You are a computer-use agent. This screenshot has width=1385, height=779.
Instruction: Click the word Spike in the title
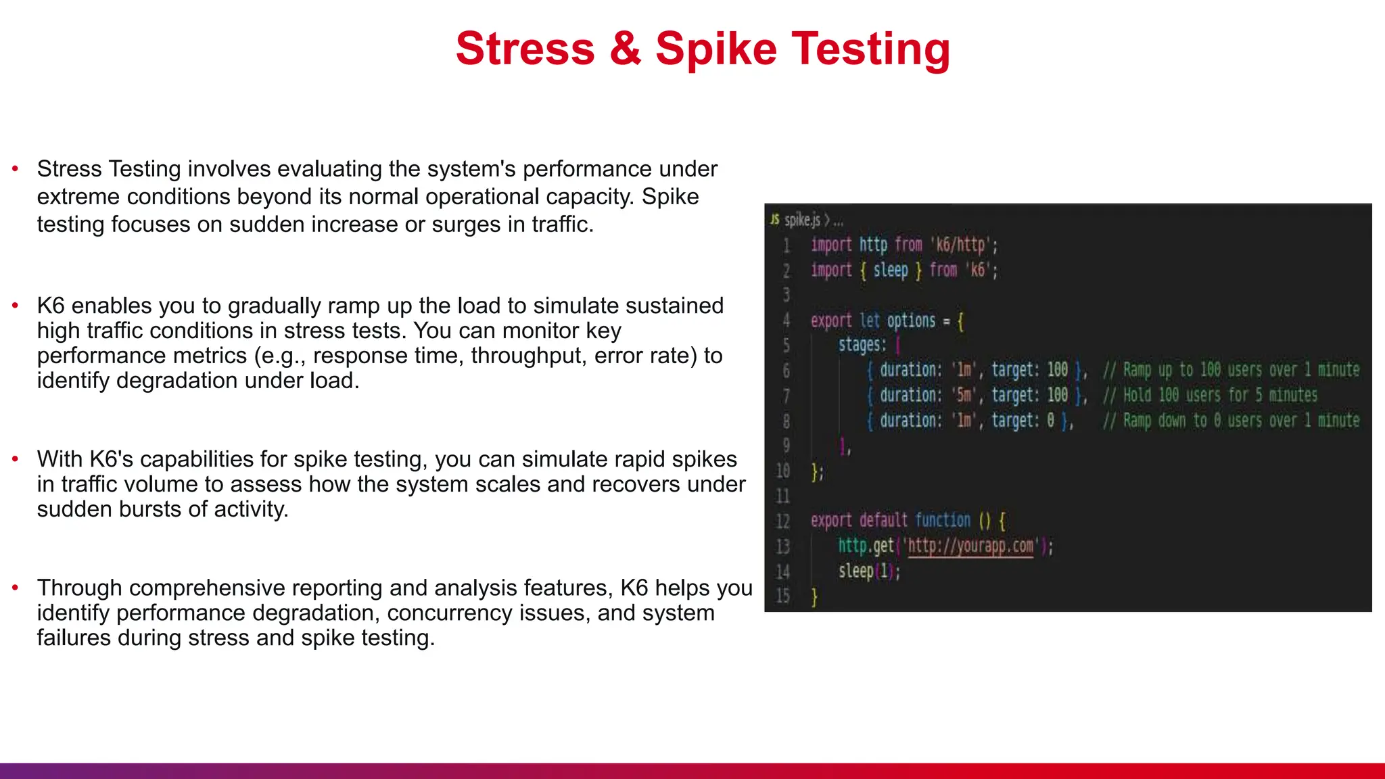[x=715, y=49]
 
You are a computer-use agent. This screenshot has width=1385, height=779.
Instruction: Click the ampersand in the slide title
[x=625, y=49]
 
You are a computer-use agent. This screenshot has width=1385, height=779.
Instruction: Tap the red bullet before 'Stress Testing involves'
[x=15, y=168]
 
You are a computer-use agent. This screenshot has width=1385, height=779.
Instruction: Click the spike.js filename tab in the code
[x=802, y=220]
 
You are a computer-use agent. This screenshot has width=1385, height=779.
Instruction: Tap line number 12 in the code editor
[x=782, y=521]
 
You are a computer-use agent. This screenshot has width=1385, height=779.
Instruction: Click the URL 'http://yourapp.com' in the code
[x=970, y=546]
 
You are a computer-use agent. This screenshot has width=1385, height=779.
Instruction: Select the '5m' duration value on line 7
[x=964, y=395]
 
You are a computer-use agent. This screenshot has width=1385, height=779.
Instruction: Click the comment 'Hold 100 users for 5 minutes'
[x=1220, y=395]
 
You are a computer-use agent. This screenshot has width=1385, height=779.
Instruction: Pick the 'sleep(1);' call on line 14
[x=868, y=571]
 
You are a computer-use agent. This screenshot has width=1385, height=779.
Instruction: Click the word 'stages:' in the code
[x=862, y=345]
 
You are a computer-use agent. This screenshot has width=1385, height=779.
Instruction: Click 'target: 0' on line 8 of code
[x=1023, y=421]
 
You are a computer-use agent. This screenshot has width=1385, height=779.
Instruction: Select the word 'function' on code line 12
[x=942, y=520]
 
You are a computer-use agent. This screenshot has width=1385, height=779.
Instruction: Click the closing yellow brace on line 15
[x=814, y=597]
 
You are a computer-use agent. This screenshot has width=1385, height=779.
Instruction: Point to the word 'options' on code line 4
[x=911, y=321]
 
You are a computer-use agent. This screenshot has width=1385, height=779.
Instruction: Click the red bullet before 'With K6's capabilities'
[x=15, y=459]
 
